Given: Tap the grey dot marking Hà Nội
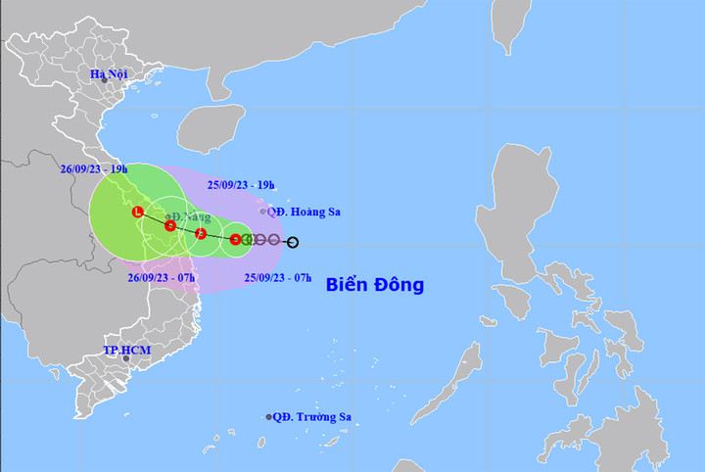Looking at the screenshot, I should point(104,80).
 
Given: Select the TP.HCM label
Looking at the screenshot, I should point(127,350).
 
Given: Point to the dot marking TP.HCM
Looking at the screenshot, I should point(126,358).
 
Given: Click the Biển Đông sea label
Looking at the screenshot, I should point(375,286).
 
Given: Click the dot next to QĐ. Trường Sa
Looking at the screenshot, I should point(269,417).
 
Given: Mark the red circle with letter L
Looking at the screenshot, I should point(137,212).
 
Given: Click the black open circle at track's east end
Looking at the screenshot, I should point(293,241).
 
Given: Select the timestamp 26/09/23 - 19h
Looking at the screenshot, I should point(94,168).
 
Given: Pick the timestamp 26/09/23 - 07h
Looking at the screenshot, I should point(162,278).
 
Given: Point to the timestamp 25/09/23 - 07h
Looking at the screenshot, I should point(278,279).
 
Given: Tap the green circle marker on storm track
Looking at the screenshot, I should point(248,239).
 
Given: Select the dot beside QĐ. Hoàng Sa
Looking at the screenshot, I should point(262,211).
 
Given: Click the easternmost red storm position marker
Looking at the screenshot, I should point(235,239).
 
